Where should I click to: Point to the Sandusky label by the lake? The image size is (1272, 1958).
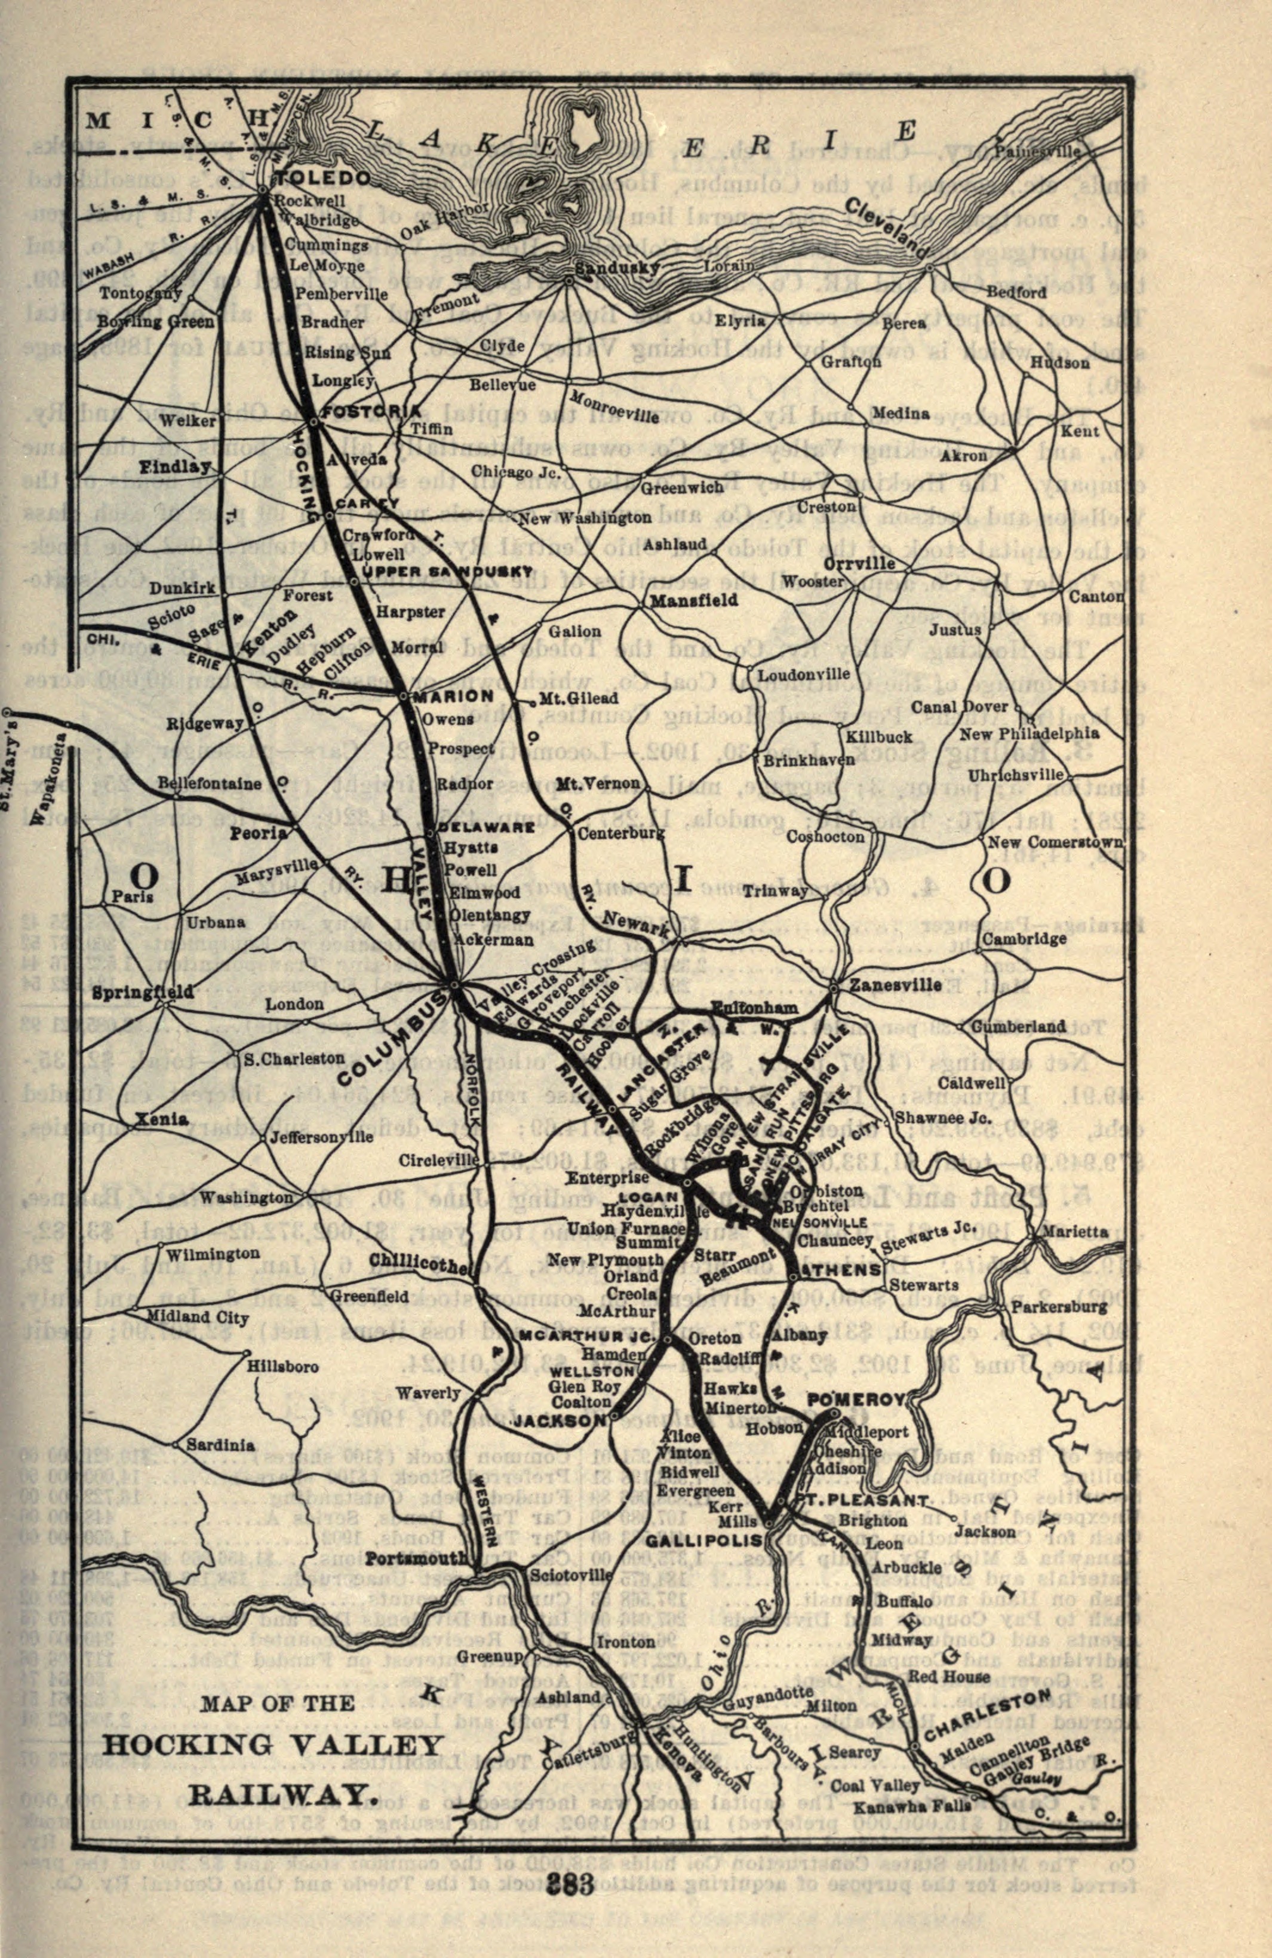616,268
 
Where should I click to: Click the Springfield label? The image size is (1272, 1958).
143,992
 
